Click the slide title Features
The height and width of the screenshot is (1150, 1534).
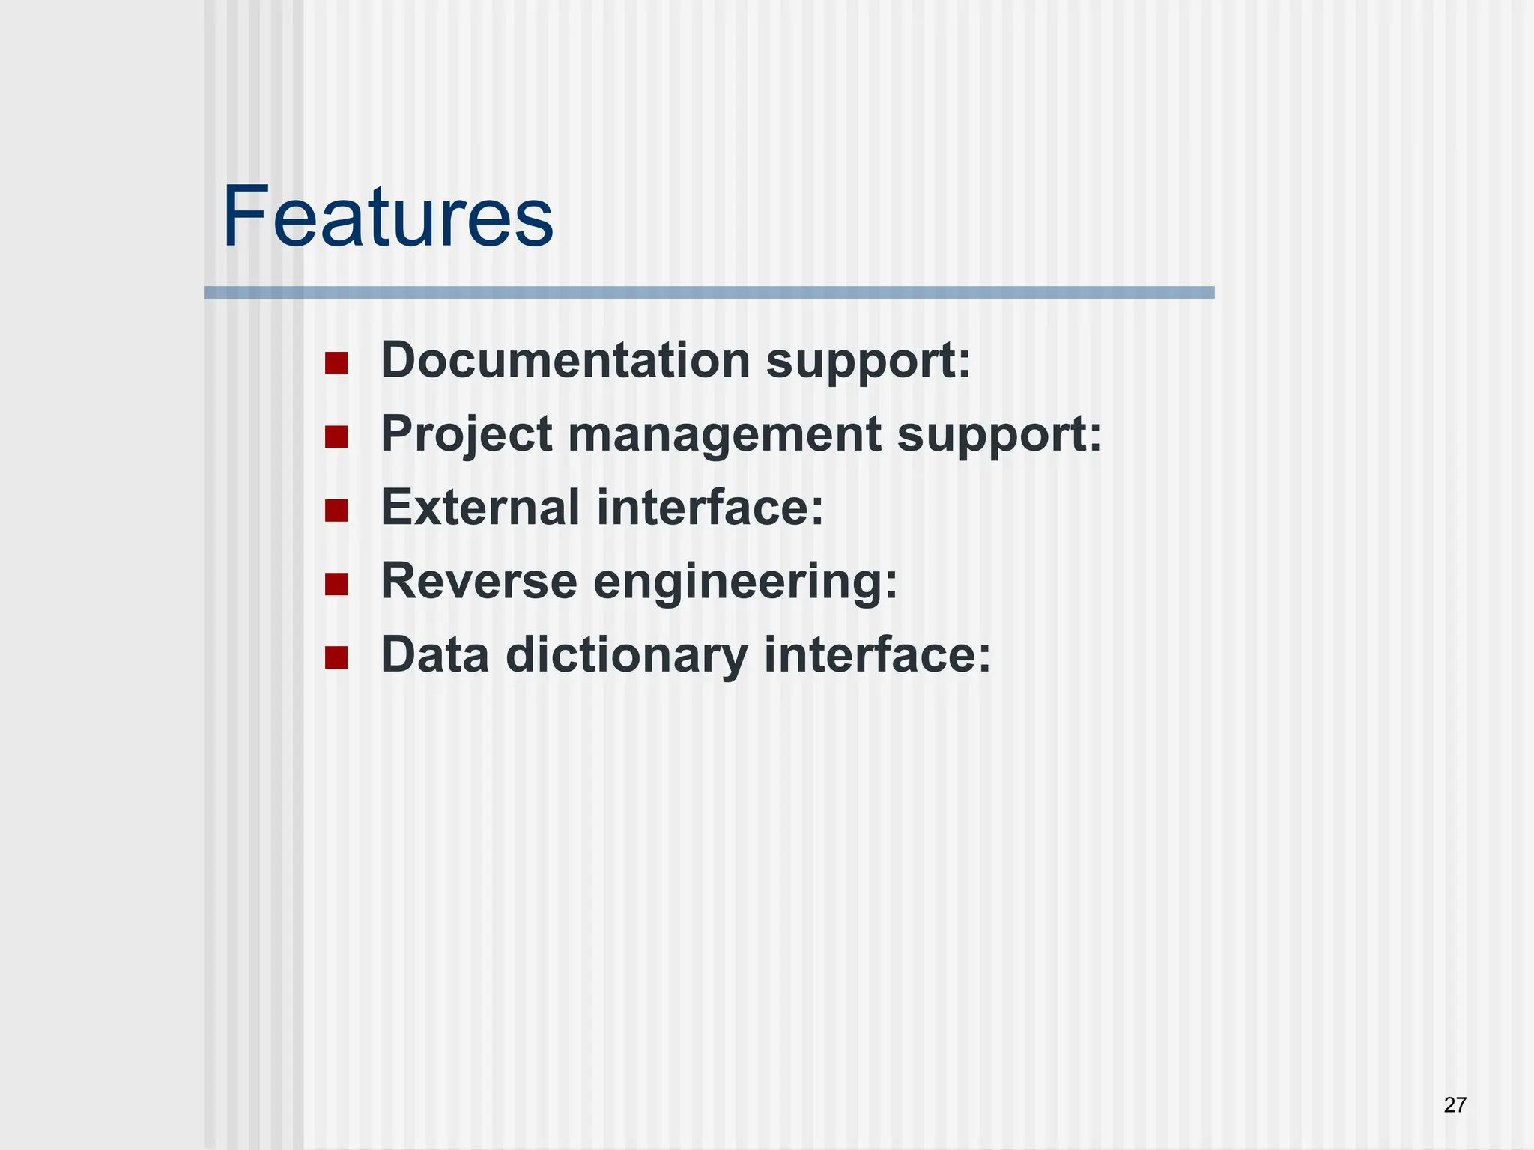pyautogui.click(x=387, y=217)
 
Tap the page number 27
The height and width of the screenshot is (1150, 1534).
pyautogui.click(x=1455, y=1104)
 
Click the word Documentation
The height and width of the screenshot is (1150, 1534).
pyautogui.click(x=566, y=360)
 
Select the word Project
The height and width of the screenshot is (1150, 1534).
pyautogui.click(x=467, y=434)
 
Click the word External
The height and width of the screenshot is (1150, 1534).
pyautogui.click(x=480, y=508)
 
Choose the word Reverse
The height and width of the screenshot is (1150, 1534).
pyautogui.click(x=479, y=581)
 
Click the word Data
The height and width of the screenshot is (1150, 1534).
pyautogui.click(x=434, y=654)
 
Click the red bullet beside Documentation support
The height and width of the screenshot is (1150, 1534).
pyautogui.click(x=336, y=364)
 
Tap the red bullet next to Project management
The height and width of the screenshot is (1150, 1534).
pyautogui.click(x=336, y=437)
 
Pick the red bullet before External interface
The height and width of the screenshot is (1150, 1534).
pyautogui.click(x=336, y=511)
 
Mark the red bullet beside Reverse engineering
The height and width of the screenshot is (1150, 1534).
pyautogui.click(x=336, y=584)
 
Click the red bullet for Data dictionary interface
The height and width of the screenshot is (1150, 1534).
pyautogui.click(x=336, y=657)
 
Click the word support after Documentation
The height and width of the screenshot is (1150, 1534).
pyautogui.click(x=867, y=362)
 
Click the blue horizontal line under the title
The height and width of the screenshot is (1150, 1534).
pyautogui.click(x=709, y=293)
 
